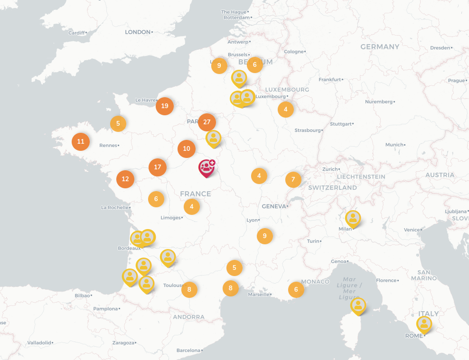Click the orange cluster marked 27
(x=206, y=122)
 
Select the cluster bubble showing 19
(x=165, y=106)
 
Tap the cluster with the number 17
(x=158, y=167)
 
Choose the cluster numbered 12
(x=125, y=179)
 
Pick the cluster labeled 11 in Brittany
(x=81, y=141)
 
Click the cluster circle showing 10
(x=187, y=149)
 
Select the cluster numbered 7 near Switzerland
(x=293, y=179)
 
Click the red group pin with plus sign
(x=206, y=167)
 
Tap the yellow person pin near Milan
(x=353, y=219)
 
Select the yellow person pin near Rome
(x=424, y=324)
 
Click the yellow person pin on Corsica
(x=358, y=305)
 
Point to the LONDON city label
(x=137, y=32)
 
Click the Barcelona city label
(x=188, y=350)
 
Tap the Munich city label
(x=394, y=144)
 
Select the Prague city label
(x=456, y=80)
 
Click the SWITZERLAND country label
(x=332, y=187)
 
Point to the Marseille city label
(x=259, y=294)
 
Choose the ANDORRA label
(x=188, y=317)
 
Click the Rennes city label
(x=108, y=145)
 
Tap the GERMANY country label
(x=380, y=46)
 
